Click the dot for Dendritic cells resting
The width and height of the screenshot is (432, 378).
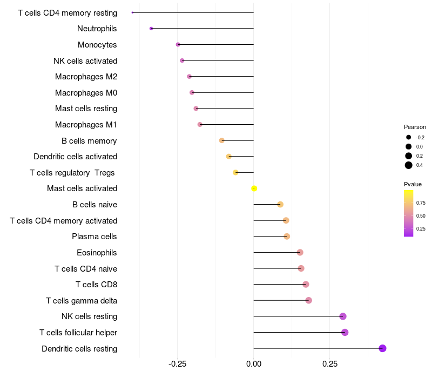pos(382,348)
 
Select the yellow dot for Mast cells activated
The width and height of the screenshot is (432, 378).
pos(254,188)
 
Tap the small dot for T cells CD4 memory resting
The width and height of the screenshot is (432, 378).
pos(132,12)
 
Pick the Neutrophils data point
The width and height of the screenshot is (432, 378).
pos(151,28)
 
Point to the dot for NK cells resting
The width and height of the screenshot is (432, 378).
pos(342,316)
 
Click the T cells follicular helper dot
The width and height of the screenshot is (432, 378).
pos(345,332)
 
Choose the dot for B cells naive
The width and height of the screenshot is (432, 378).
pos(280,204)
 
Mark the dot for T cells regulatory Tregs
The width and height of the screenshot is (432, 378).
pos(235,172)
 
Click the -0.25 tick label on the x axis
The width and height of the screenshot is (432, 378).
pos(178,364)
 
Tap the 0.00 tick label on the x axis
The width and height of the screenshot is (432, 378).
pos(254,364)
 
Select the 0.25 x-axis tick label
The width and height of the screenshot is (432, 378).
pos(330,364)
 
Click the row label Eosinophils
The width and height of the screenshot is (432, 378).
pos(97,253)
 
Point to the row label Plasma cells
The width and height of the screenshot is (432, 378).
pos(94,237)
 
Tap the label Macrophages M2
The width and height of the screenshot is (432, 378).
pos(86,77)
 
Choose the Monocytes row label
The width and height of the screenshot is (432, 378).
pos(97,45)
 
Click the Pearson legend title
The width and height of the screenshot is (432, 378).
pos(415,127)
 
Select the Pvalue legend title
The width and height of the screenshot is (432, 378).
pos(413,184)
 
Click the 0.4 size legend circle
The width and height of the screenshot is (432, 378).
pos(409,165)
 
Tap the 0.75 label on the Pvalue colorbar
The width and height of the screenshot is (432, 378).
pos(421,203)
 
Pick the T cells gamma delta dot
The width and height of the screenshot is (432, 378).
pos(308,300)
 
